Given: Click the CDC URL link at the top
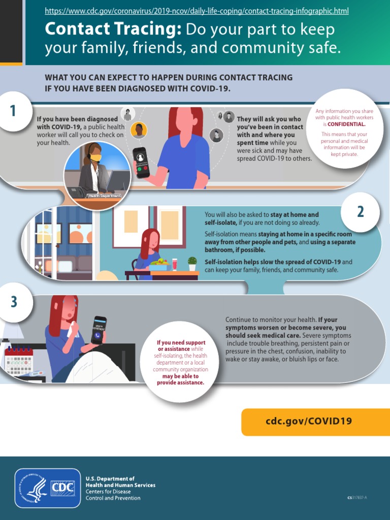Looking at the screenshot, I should click(x=197, y=11).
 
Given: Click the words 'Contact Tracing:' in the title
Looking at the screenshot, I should click(x=113, y=29).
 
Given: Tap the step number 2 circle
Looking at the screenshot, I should click(x=360, y=212).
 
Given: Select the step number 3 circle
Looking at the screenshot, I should click(x=14, y=302).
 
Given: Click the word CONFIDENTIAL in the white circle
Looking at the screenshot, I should click(x=346, y=124).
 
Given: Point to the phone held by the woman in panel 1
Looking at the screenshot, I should click(x=141, y=162).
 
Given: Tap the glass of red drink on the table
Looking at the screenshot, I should click(x=175, y=264).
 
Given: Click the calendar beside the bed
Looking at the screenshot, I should click(x=19, y=362).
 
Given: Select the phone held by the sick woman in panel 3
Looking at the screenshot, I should click(x=99, y=330).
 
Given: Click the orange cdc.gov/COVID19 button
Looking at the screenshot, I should click(x=315, y=421).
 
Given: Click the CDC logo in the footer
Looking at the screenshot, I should click(x=63, y=488).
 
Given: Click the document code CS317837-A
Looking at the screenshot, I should click(x=357, y=498).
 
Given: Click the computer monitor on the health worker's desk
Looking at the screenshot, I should click(x=118, y=181).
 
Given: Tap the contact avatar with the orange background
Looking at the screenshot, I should click(x=139, y=131).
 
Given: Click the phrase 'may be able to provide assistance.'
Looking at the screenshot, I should click(x=180, y=379).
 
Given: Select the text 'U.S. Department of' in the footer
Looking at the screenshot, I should click(x=110, y=478).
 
